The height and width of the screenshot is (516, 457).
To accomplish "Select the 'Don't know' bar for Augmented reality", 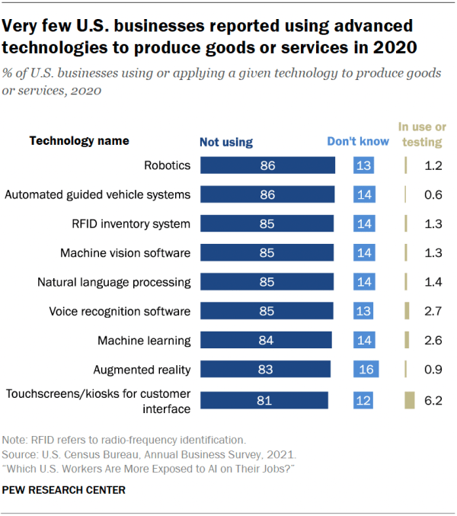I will point(366,370).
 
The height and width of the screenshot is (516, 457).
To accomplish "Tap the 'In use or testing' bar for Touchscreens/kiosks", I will point(409,399).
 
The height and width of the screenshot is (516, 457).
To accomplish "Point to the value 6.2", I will point(434,399).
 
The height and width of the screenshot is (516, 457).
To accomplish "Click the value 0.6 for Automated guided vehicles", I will point(434,194).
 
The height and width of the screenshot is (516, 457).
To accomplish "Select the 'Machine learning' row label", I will point(143,341).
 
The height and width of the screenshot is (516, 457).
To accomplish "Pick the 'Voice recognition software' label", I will point(120,311).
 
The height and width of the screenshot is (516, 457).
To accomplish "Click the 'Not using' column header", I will point(225,142).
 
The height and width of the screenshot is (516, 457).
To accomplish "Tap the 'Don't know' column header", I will point(358,141).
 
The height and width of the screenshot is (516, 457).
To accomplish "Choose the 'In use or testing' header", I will point(423,134).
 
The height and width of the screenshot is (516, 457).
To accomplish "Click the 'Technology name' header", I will point(79,141).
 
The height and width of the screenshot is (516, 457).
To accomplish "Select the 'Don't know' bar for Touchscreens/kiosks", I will point(363,399).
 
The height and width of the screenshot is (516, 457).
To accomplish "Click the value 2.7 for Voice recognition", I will point(434,311).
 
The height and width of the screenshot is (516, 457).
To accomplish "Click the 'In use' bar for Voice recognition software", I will point(407,311).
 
